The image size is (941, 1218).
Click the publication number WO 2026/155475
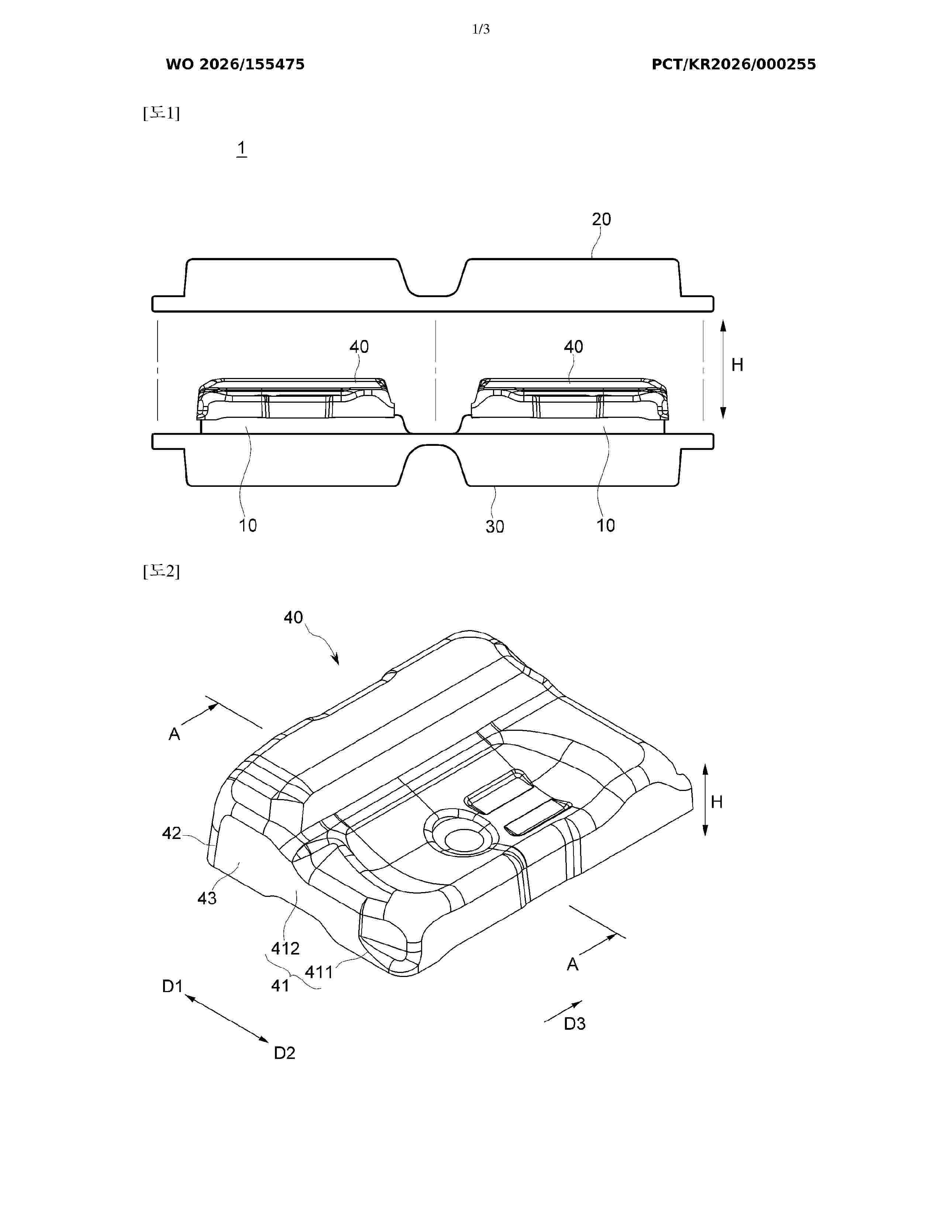pos(235,65)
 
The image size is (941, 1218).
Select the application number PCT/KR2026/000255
pos(734,65)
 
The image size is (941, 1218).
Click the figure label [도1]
pos(161,113)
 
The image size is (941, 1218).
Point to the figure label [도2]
pos(161,571)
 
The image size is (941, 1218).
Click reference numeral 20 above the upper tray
pos(602,219)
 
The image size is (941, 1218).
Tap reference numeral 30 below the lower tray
pos(494,526)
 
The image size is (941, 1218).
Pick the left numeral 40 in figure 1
pos(359,347)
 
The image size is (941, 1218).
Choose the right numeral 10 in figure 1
pos(606,525)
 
